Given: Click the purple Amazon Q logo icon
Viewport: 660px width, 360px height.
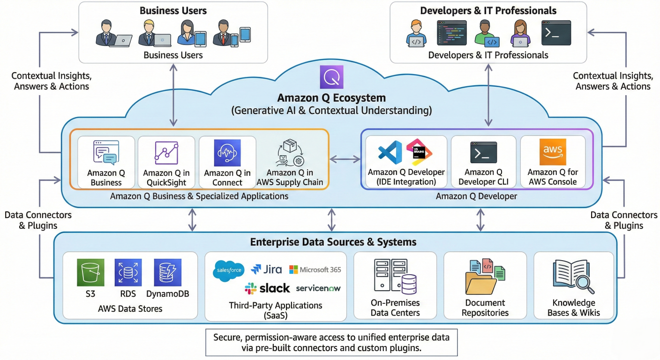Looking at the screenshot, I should pyautogui.click(x=331, y=77).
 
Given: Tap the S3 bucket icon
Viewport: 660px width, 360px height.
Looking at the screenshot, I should pyautogui.click(x=90, y=272).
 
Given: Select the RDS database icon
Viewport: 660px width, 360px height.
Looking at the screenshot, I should pyautogui.click(x=128, y=272).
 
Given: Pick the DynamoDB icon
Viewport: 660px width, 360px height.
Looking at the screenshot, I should pyautogui.click(x=167, y=272).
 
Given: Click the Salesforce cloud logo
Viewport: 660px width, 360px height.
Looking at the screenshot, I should pyautogui.click(x=228, y=270).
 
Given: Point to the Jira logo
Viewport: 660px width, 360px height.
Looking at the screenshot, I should pyautogui.click(x=266, y=270).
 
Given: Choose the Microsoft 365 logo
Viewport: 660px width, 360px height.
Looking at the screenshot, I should pyautogui.click(x=315, y=270).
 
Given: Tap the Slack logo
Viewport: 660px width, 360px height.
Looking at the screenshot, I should pyautogui.click(x=267, y=288).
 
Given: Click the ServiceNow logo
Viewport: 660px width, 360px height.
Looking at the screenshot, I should pyautogui.click(x=318, y=288).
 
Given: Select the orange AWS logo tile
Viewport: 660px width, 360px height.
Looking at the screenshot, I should pyautogui.click(x=553, y=152).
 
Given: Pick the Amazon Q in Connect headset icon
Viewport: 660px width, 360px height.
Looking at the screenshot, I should pyautogui.click(x=227, y=153).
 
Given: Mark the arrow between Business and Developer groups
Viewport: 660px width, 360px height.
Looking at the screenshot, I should pyautogui.click(x=345, y=160).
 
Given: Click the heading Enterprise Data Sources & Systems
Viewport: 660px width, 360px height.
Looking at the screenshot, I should pyautogui.click(x=333, y=242).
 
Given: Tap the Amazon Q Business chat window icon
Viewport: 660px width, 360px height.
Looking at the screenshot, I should pyautogui.click(x=106, y=153).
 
